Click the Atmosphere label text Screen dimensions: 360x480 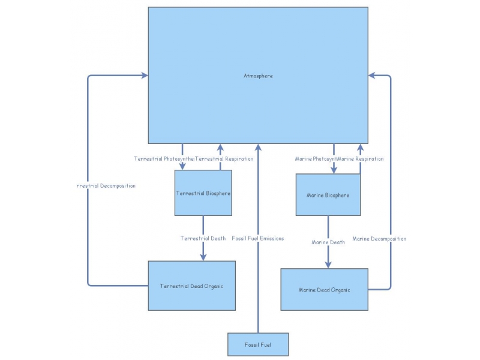258,76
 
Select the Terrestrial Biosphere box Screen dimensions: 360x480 203,193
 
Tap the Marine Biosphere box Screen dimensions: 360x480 328,195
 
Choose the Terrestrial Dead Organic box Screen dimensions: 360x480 191,286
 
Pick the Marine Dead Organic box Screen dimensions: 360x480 324,290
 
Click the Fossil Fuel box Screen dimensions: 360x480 258,344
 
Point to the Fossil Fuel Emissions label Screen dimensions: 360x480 257,238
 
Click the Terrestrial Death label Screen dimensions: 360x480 203,238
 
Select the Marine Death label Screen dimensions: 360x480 328,242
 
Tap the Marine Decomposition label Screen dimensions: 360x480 379,239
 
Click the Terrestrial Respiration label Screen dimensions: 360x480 225,159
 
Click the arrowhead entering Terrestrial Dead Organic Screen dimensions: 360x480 203,257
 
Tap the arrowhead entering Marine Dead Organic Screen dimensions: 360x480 328,265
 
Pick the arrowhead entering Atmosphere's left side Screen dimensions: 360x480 144,76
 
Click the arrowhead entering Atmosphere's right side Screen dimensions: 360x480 372,76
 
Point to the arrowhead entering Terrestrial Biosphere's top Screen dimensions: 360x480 182,166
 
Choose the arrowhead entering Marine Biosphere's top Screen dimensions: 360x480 334,170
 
